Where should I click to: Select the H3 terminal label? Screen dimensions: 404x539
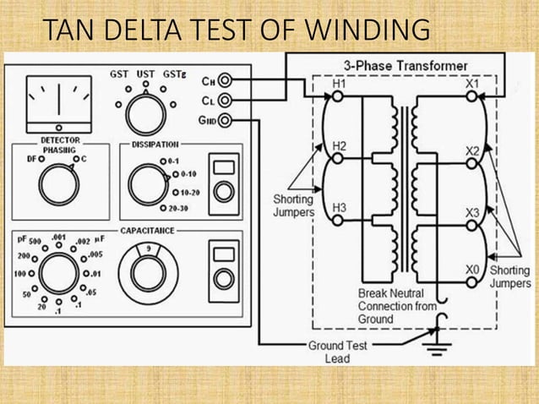pyautogui.click(x=339, y=206)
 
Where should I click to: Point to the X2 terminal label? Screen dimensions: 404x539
pyautogui.click(x=472, y=150)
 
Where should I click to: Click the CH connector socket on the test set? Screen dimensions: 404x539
pyautogui.click(x=225, y=81)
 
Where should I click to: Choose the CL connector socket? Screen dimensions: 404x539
pyautogui.click(x=225, y=101)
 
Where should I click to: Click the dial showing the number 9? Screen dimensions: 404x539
pyautogui.click(x=148, y=271)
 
